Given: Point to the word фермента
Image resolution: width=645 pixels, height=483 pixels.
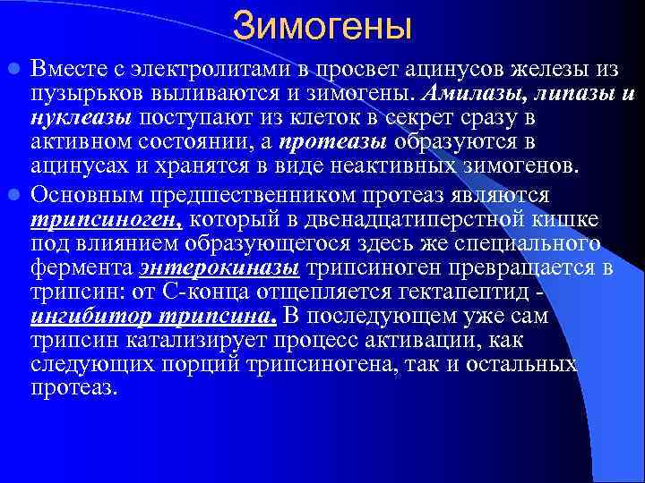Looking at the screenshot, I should (81, 268).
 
